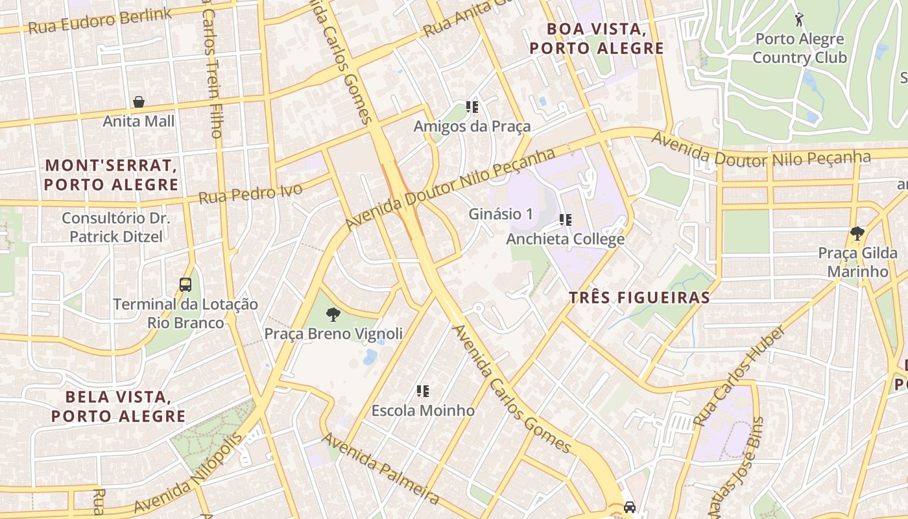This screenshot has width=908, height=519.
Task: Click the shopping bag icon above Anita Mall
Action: point(138,102)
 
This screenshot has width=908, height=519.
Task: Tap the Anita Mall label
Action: point(139,121)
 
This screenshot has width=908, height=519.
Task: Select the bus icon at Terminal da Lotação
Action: point(185,284)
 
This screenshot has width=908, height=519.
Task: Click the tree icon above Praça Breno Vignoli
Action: point(333,315)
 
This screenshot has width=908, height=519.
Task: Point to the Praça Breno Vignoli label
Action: point(333,334)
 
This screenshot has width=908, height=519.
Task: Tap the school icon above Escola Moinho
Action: point(423,391)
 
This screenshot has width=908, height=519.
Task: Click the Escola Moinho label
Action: point(423,411)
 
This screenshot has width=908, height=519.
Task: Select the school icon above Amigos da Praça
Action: point(472,106)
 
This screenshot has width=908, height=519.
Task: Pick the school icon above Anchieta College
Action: point(566,220)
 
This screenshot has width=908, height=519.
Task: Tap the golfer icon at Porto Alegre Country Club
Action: point(799,19)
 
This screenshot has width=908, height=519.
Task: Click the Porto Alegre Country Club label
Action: point(800,49)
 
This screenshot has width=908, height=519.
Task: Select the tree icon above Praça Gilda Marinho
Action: point(857,233)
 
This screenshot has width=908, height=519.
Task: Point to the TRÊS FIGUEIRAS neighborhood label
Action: point(639,298)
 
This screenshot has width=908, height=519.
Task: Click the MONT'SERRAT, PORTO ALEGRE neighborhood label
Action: point(111,175)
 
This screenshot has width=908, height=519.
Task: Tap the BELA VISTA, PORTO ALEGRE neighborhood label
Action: point(119,406)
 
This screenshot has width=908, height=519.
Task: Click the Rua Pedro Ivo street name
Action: point(250,193)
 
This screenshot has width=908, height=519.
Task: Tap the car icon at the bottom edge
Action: point(629,507)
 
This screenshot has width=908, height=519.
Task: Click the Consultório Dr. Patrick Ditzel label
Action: point(116,227)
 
